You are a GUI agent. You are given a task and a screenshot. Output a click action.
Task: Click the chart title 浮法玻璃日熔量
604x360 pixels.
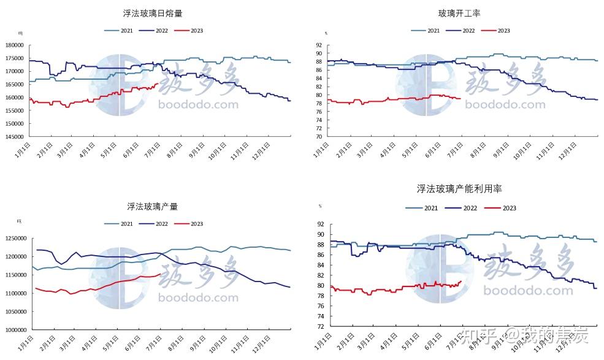[x=153, y=13]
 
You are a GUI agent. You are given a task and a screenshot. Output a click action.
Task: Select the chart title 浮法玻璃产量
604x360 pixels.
[x=153, y=207]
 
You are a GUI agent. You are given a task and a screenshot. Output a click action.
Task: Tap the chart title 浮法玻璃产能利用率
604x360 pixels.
[x=459, y=189]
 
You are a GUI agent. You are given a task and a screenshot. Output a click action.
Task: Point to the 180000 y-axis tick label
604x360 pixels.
[x=15, y=45]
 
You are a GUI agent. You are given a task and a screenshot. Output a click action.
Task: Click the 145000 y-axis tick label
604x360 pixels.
[x=15, y=136]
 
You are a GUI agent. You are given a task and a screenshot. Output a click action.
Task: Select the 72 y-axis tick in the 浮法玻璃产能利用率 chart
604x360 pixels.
[x=321, y=327]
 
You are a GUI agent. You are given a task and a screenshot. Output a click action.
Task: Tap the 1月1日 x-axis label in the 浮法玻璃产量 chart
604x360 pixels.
[x=25, y=345]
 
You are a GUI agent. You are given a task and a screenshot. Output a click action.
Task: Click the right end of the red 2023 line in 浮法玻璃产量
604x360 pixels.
[x=161, y=274]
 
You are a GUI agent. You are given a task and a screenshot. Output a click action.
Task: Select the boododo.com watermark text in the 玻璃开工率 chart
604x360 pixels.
[x=505, y=105]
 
